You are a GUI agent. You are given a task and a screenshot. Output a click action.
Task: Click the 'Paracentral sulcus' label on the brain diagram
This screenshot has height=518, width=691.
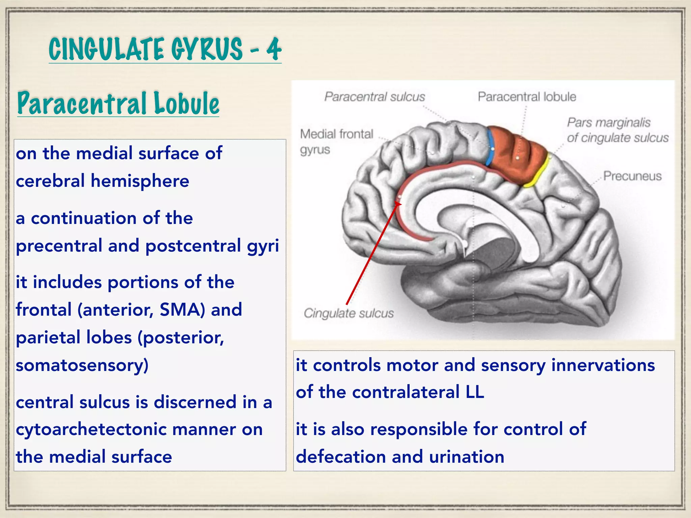click(375, 97)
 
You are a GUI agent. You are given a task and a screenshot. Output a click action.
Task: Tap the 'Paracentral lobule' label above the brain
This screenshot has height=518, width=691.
click(527, 97)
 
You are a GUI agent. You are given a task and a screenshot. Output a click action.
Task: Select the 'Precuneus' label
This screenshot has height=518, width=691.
click(632, 176)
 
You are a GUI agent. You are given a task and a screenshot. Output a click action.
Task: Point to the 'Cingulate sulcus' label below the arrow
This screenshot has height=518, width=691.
click(349, 313)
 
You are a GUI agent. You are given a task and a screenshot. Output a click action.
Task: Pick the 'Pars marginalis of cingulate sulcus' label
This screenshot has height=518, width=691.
click(617, 130)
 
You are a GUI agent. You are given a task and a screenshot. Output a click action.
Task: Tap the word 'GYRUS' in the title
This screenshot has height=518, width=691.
click(206, 49)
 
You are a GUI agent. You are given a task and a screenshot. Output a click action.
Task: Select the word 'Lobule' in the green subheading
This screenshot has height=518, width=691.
click(187, 103)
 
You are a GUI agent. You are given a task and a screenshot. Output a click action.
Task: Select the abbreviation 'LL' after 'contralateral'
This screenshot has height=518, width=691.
click(475, 392)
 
